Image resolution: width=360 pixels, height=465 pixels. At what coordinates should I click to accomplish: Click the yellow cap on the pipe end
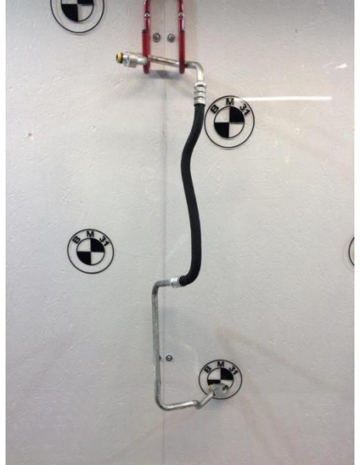click(119, 57)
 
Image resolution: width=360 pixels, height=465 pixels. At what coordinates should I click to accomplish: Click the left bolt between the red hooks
click(156, 37)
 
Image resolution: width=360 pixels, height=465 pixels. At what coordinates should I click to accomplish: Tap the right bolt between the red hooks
click(170, 37)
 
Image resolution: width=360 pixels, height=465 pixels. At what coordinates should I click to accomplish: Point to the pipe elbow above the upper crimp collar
click(198, 70)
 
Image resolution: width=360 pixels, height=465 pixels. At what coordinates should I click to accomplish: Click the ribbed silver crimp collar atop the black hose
click(200, 93)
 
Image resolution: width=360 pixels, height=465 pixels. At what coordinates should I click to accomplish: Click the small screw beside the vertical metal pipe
click(169, 358)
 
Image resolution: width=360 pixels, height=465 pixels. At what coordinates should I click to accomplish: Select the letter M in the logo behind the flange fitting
click(221, 364)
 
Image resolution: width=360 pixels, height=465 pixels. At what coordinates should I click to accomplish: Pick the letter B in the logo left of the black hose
click(76, 239)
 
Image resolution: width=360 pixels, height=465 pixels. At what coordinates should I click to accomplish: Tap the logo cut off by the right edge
click(351, 252)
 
